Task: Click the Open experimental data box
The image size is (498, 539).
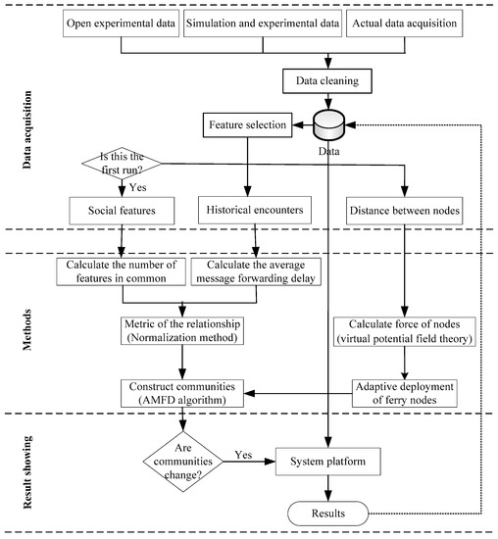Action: (121, 23)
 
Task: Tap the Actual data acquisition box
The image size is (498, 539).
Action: (401, 23)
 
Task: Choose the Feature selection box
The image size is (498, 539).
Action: (245, 124)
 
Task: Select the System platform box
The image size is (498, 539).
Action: (327, 457)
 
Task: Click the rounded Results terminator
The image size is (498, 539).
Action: (327, 512)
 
